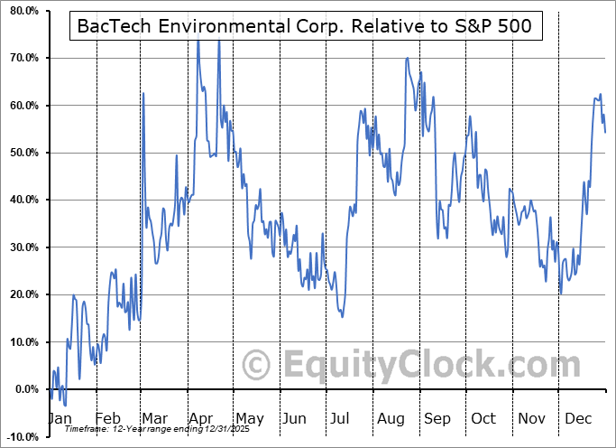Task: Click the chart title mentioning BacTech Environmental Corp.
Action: point(307,27)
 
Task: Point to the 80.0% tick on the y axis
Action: point(20,11)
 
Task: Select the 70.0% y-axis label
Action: point(20,58)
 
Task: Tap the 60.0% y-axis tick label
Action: point(20,106)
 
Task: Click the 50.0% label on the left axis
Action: point(20,153)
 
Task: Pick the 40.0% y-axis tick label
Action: point(20,200)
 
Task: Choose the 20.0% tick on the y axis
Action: point(20,294)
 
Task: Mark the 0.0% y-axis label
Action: point(23,389)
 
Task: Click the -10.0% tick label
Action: point(19,436)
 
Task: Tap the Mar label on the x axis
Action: point(153,419)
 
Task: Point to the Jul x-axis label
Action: point(341,419)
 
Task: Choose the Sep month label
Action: point(437,419)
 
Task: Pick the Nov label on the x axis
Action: point(532,419)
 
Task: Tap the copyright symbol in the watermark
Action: point(257,366)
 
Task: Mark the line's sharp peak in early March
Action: point(143,93)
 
